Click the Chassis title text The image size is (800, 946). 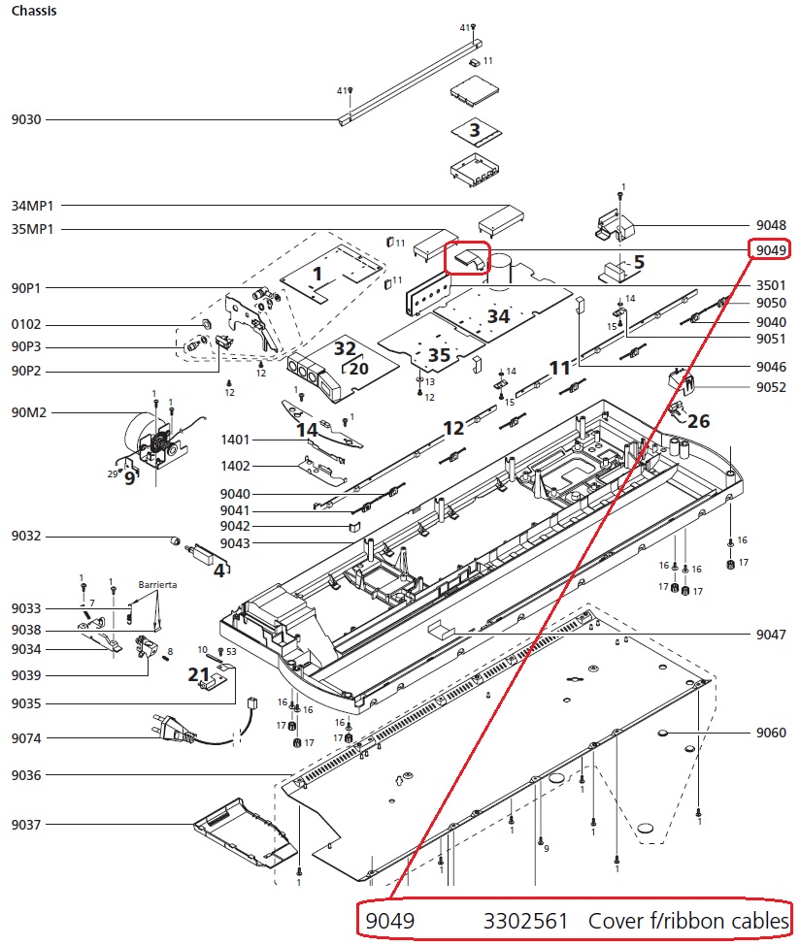(33, 12)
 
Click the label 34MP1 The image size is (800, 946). (31, 206)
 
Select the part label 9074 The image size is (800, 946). (26, 738)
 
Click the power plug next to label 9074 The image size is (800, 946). (167, 728)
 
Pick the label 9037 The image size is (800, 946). (26, 825)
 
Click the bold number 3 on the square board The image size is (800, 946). (474, 130)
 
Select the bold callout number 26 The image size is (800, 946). (699, 421)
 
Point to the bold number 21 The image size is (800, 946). (198, 674)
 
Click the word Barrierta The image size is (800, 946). (157, 586)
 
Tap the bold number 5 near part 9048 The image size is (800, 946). (639, 262)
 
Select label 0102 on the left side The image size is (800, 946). (26, 324)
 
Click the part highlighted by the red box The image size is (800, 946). (468, 258)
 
